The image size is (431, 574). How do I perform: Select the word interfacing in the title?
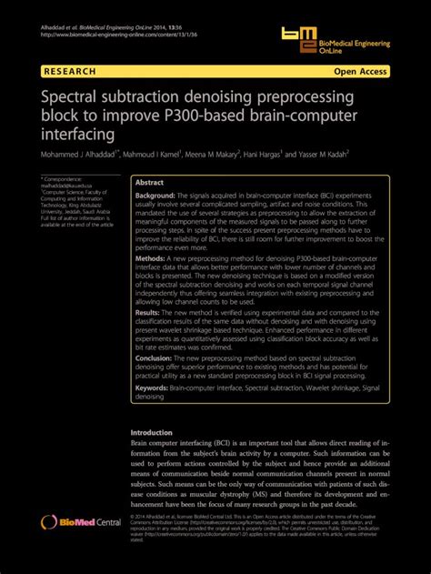[x=77, y=134]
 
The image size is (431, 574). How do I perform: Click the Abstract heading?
[x=150, y=182]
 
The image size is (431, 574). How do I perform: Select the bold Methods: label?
[x=154, y=258]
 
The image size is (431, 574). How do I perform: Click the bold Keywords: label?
[x=157, y=387]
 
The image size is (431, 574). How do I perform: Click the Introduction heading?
[x=151, y=432]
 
